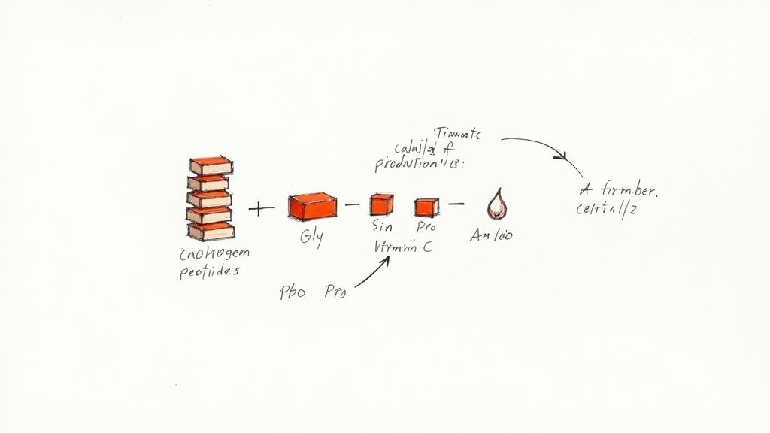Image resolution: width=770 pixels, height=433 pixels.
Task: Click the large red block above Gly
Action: click(x=312, y=205)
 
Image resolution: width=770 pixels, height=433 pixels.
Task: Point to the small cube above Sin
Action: click(x=381, y=204)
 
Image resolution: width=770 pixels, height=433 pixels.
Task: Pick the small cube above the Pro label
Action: click(x=426, y=205)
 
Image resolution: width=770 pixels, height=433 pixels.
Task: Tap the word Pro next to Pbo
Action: click(x=335, y=293)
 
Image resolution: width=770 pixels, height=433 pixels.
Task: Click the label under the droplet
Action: click(x=491, y=235)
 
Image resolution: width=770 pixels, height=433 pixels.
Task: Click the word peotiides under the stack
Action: click(x=210, y=272)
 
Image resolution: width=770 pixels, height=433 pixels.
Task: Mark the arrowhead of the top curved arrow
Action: click(x=559, y=156)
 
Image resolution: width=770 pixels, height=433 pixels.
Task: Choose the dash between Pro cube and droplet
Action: click(x=456, y=203)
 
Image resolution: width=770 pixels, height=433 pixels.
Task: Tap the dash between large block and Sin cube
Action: click(x=349, y=204)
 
